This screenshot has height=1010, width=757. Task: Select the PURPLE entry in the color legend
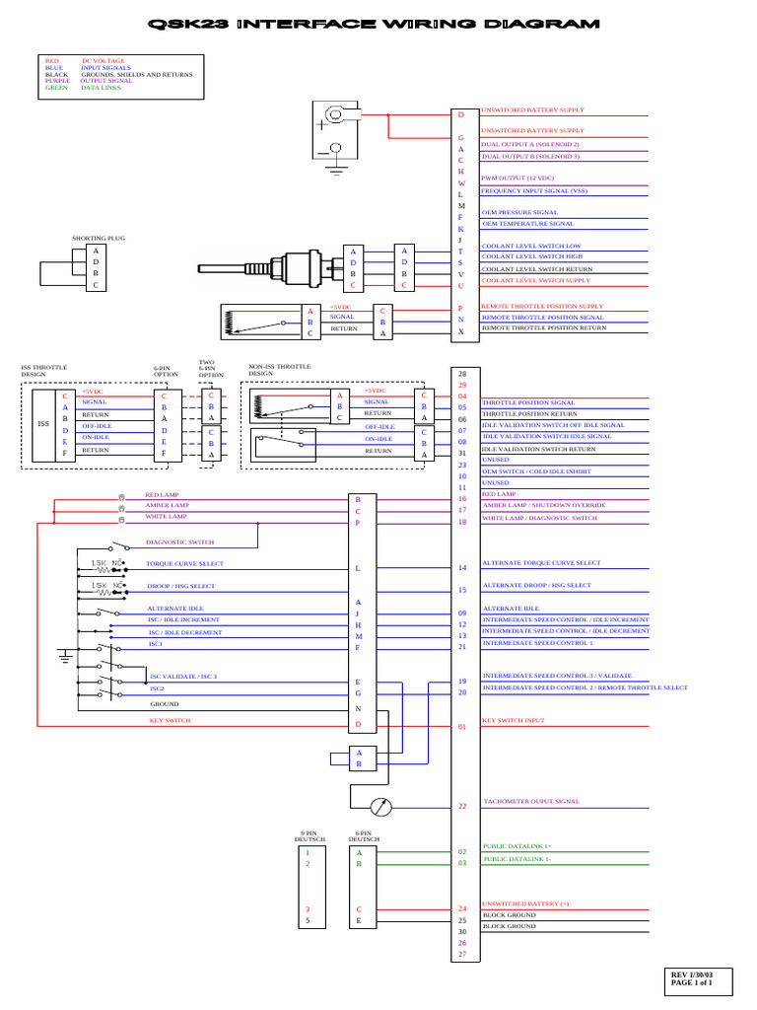click(58, 81)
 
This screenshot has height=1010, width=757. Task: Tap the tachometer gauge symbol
click(380, 807)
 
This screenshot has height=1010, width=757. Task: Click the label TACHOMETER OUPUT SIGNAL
click(530, 802)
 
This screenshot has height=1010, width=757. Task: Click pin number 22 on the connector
click(461, 807)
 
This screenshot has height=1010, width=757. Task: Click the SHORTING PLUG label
click(99, 238)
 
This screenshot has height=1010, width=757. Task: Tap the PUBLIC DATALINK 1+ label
click(516, 846)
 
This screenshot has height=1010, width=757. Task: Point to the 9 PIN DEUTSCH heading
click(311, 836)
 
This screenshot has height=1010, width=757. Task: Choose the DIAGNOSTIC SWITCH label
click(179, 542)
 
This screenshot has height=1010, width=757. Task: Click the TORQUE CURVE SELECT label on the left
click(184, 564)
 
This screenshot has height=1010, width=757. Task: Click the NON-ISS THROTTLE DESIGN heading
click(279, 370)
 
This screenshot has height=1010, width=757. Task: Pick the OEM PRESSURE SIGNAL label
click(519, 212)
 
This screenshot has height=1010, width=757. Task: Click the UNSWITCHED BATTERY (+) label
click(524, 903)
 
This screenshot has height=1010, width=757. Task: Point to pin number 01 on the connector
click(461, 727)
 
